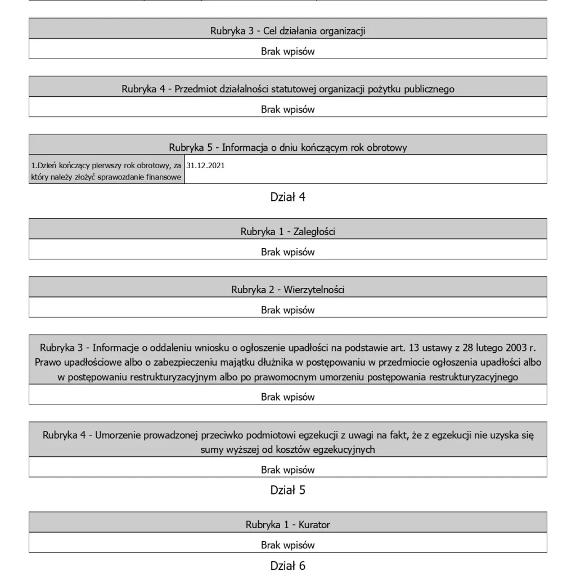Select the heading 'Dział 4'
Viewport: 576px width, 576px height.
[287, 197]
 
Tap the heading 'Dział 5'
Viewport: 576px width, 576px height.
[287, 490]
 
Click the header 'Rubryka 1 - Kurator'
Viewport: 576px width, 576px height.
[287, 525]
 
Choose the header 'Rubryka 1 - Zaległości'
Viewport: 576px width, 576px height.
[287, 231]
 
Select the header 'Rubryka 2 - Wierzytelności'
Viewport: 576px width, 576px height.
[287, 290]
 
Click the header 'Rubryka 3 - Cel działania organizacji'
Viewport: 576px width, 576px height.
[287, 31]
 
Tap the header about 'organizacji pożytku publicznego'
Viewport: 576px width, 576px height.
[287, 89]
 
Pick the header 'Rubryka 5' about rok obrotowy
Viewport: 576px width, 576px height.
[287, 147]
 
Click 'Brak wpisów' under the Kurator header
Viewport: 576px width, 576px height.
[287, 545]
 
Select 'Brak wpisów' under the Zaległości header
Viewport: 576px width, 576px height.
[287, 252]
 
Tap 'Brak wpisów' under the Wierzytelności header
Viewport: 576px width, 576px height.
[287, 310]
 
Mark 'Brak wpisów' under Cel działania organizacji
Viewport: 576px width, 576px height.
[287, 51]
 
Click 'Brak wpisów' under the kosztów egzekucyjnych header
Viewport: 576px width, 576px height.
[287, 470]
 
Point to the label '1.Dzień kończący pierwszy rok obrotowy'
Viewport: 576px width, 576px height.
[106, 166]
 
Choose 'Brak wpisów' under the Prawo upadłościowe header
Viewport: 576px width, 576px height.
[287, 397]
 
